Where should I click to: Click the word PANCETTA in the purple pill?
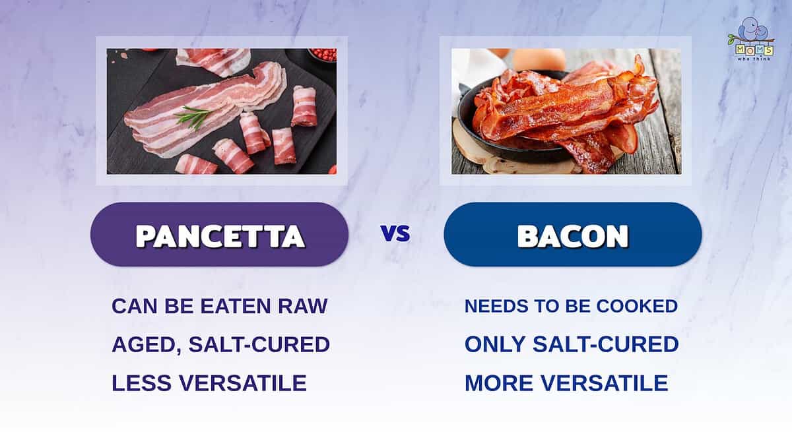pyautogui.click(x=220, y=235)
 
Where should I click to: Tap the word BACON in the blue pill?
pyautogui.click(x=573, y=235)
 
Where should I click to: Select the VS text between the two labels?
pyautogui.click(x=395, y=233)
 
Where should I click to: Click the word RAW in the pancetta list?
pyautogui.click(x=303, y=306)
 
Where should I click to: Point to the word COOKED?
pyautogui.click(x=637, y=306)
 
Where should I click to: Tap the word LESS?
pyautogui.click(x=141, y=383)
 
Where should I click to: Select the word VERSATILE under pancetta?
pyautogui.click(x=243, y=383)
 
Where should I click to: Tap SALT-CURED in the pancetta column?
pyautogui.click(x=259, y=344)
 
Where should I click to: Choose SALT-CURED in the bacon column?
pyautogui.click(x=606, y=344)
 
